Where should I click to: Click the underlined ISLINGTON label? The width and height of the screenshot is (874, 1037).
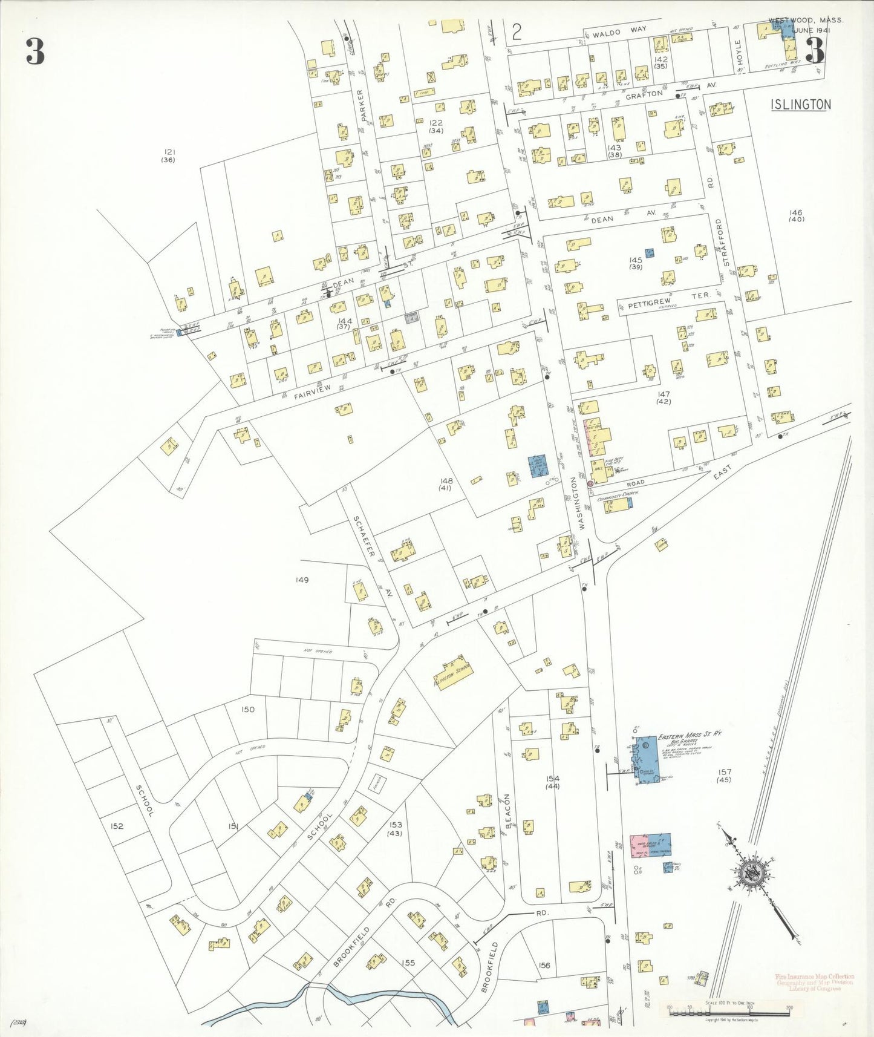click(x=801, y=104)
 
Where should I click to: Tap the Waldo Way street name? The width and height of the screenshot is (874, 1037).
click(x=619, y=31)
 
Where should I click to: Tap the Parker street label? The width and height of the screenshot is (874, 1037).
click(x=362, y=105)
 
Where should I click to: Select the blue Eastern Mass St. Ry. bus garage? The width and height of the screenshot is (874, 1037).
click(x=646, y=761)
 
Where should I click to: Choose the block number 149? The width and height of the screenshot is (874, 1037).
click(x=302, y=580)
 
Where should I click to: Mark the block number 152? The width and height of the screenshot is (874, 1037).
click(x=117, y=826)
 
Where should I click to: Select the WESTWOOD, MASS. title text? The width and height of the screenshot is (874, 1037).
click(x=806, y=20)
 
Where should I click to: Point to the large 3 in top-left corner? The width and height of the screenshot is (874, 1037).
click(x=35, y=52)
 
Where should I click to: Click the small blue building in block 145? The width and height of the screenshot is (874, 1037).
click(x=650, y=253)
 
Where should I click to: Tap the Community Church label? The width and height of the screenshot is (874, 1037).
click(x=617, y=496)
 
